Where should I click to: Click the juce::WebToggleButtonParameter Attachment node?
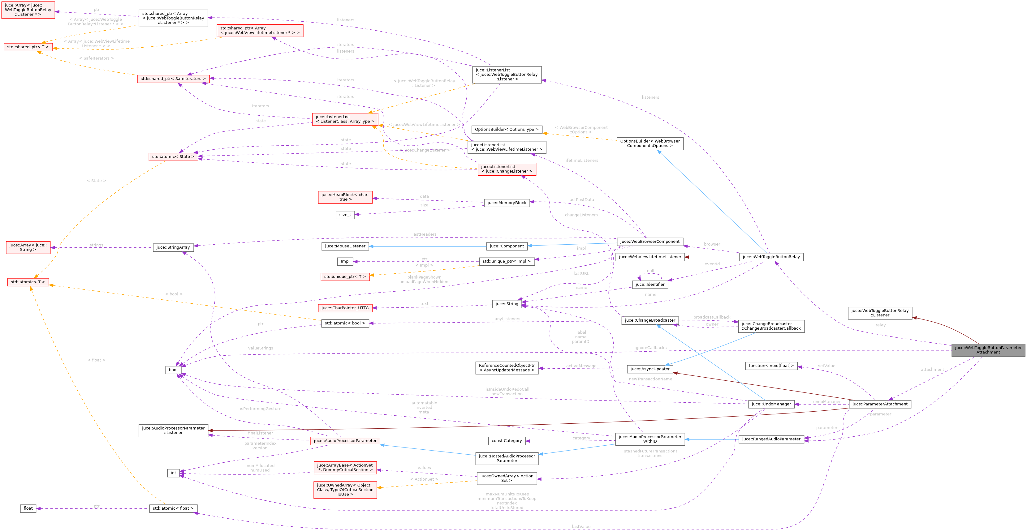[x=988, y=350]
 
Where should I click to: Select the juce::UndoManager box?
[x=771, y=404]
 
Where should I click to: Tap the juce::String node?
[x=507, y=304]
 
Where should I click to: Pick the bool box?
[x=173, y=370]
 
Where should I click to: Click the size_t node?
[x=345, y=215]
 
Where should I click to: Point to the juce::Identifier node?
[x=650, y=285]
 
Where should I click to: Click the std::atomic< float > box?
[x=173, y=508]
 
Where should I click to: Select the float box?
[x=28, y=508]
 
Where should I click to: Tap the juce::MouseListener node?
[x=345, y=246]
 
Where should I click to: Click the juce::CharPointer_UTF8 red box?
[x=345, y=308]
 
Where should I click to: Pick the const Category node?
[x=506, y=441]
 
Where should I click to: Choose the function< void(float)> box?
[x=771, y=366]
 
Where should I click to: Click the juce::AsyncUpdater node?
[x=650, y=369]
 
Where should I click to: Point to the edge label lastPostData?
[x=581, y=199]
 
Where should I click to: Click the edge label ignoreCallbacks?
[x=650, y=348]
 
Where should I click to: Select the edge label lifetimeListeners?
[x=581, y=160]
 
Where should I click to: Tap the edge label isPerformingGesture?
[x=260, y=409]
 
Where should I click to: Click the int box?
[x=173, y=473]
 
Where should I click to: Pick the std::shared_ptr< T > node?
[x=28, y=47]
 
